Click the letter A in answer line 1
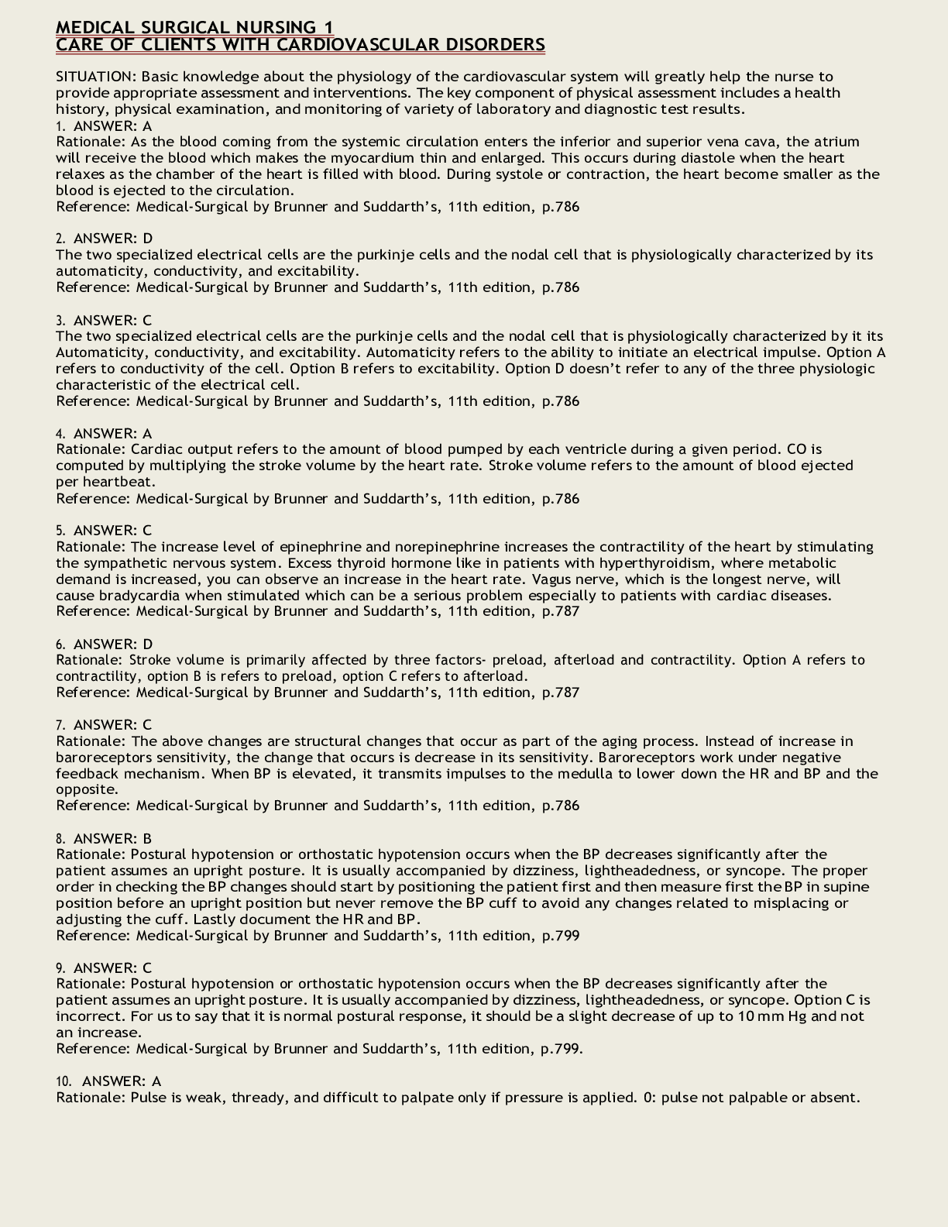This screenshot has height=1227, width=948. click(x=147, y=125)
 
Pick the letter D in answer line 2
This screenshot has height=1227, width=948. click(x=148, y=239)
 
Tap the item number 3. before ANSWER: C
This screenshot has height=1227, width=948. click(x=61, y=320)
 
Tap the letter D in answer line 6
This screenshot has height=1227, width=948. click(x=148, y=644)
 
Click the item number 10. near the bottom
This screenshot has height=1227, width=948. click(x=64, y=1081)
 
